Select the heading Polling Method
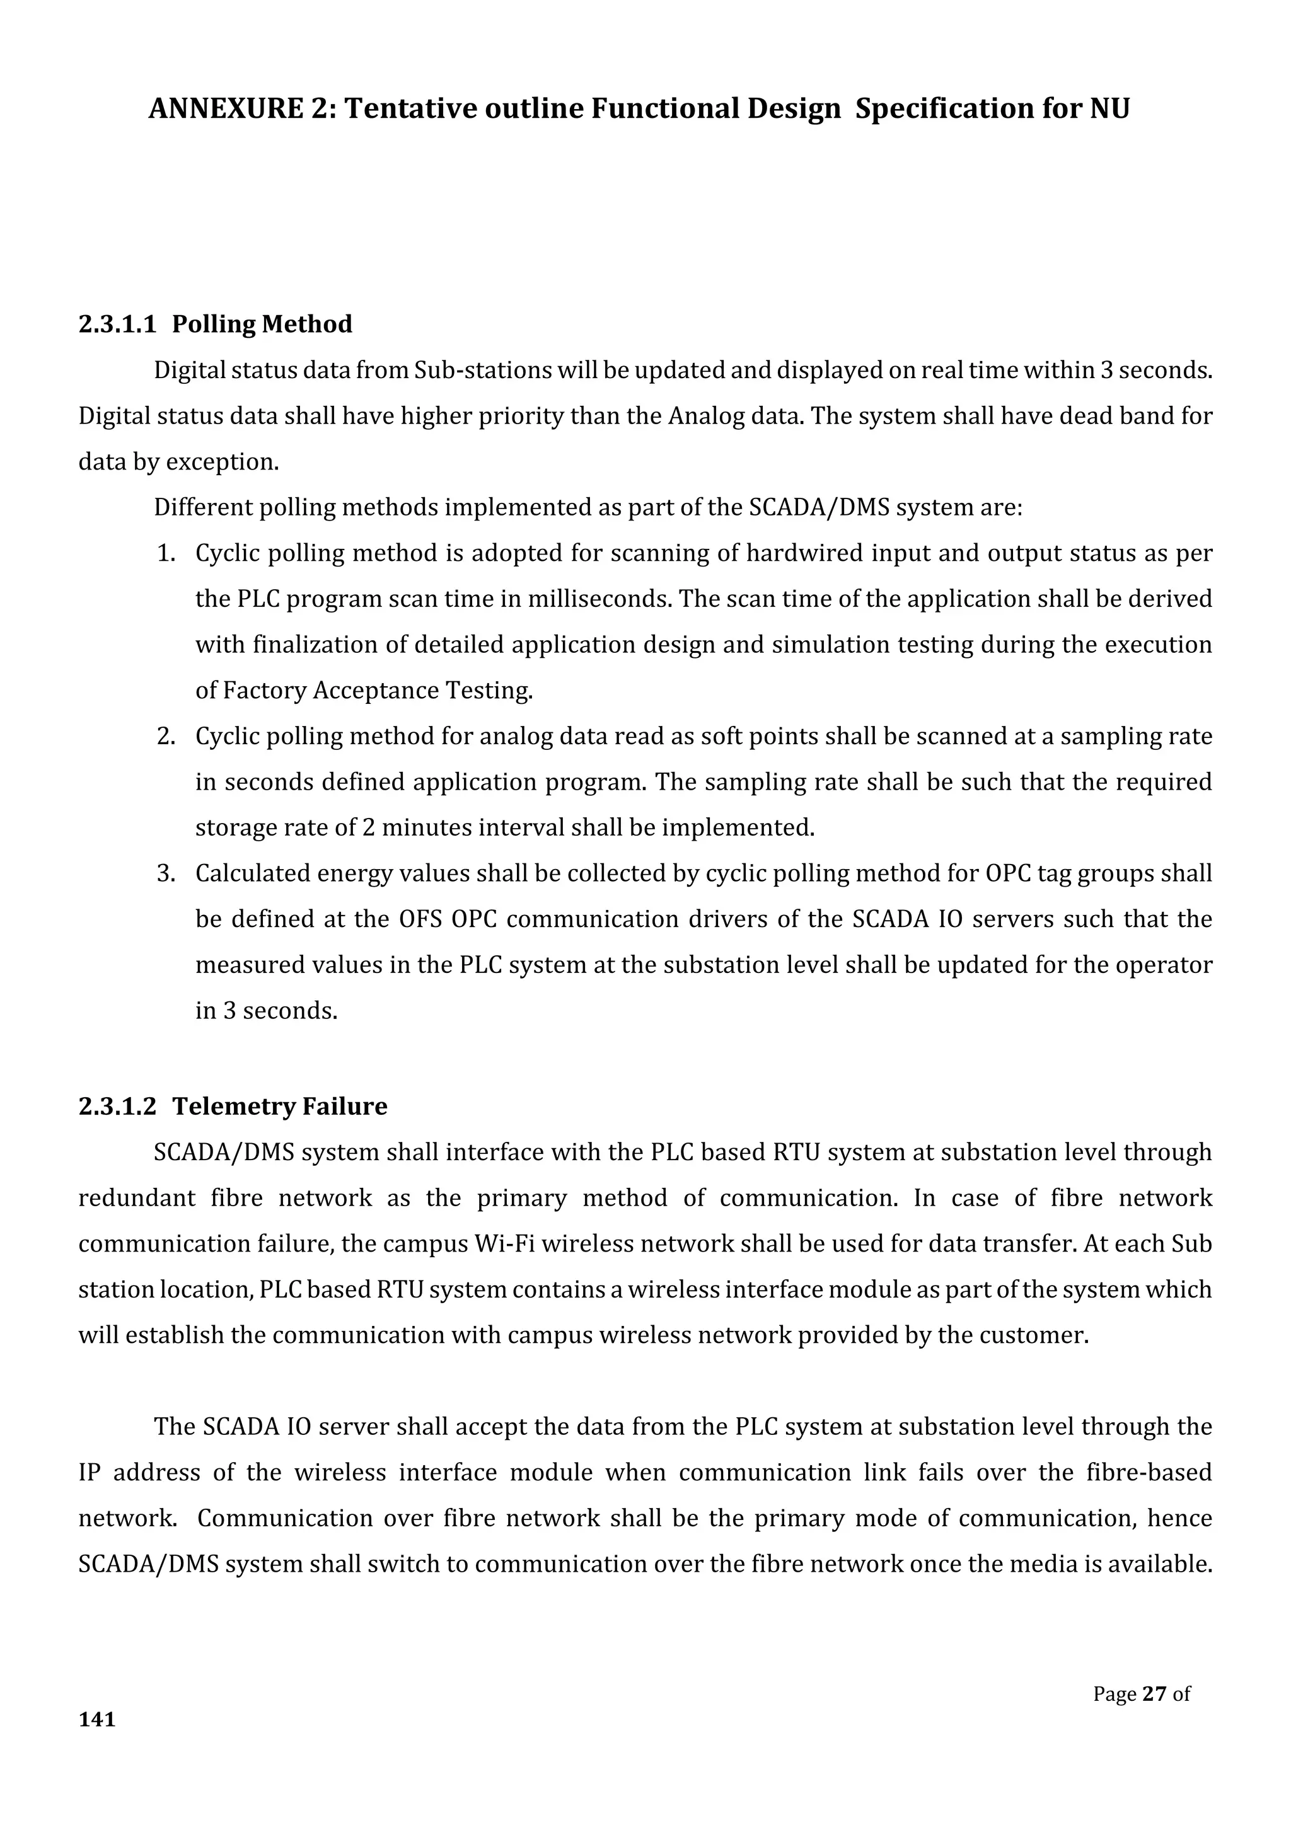tap(262, 325)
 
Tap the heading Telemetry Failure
tap(279, 1107)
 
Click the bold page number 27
tap(1154, 1694)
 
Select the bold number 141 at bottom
tap(97, 1719)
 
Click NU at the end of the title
tap(1109, 109)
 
